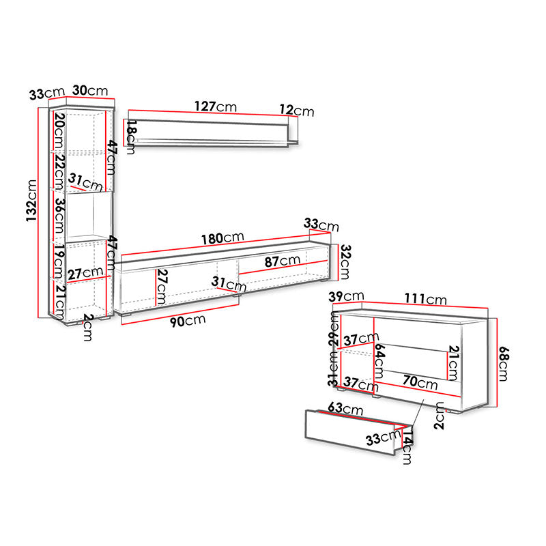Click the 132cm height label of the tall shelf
(31, 201)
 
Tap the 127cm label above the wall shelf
(216, 106)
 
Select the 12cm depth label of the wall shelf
(297, 111)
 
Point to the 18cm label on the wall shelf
(131, 137)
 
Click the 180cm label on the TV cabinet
(222, 238)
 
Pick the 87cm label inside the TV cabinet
(283, 261)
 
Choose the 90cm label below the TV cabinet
(188, 321)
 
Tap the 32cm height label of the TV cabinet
(345, 262)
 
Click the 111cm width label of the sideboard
(425, 299)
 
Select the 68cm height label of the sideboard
(504, 364)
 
